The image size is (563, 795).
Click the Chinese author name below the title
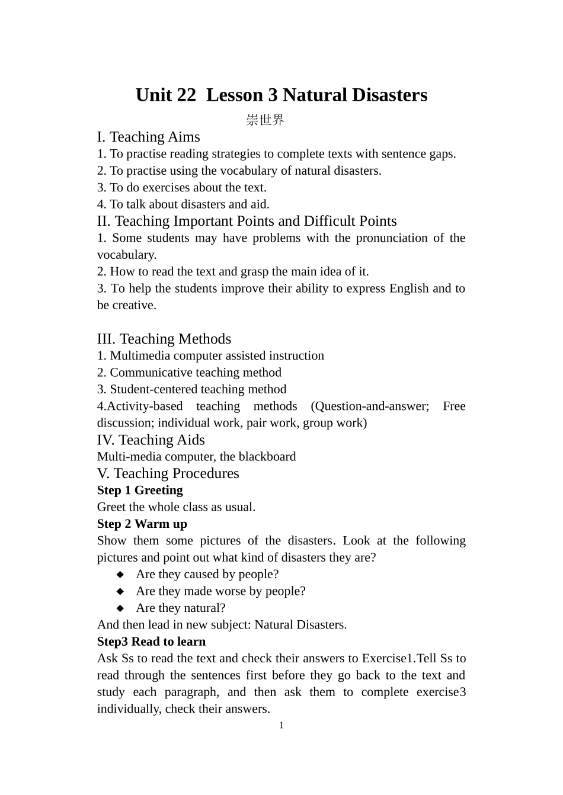265,120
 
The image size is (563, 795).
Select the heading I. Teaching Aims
148,137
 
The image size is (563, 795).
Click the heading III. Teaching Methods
164,339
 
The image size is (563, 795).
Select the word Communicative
151,373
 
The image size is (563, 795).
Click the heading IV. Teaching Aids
151,440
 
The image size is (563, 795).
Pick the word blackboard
266,457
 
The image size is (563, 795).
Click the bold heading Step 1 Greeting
140,491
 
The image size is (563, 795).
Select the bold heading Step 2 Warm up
142,524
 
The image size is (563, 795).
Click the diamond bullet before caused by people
120,575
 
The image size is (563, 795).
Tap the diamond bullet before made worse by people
120,591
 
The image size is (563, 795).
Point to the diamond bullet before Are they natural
120,608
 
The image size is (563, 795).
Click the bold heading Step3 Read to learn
151,642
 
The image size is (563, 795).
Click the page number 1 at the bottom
281,726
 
